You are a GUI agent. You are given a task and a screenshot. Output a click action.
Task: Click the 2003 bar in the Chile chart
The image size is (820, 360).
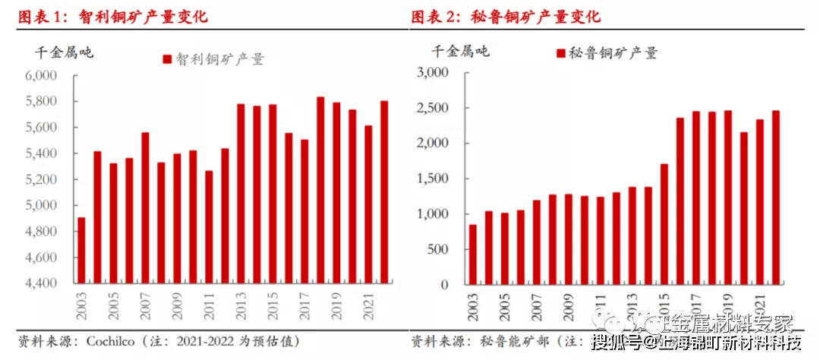81,251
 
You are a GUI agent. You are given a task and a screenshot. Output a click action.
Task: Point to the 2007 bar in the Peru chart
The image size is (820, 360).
537,242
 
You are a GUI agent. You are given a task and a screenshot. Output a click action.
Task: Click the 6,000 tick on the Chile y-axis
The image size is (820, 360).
42,76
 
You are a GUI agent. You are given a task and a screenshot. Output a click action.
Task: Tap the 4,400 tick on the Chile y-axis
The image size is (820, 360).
42,283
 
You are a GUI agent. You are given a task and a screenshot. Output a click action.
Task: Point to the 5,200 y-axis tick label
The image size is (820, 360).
42,180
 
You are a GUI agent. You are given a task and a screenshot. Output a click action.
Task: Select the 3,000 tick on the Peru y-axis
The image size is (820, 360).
434,72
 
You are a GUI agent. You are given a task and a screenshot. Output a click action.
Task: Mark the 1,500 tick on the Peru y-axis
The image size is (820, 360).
434,178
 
